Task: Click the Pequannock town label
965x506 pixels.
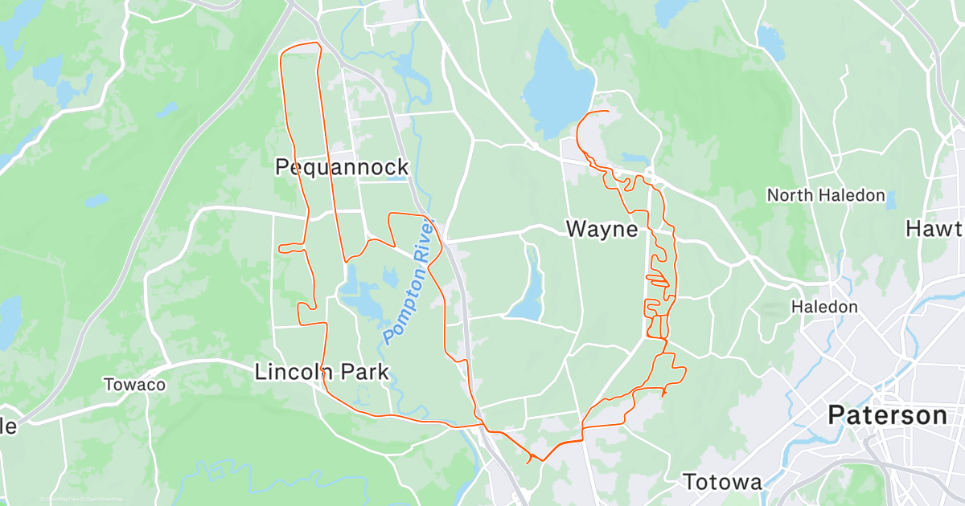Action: pos(342,167)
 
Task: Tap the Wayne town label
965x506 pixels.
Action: pos(602,229)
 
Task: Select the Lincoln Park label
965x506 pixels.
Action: pos(322,372)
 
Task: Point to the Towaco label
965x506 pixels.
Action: pos(134,385)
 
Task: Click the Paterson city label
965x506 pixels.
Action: pos(888,415)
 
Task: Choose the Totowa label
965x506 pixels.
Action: pos(722,482)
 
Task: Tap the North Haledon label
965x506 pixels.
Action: pos(825,195)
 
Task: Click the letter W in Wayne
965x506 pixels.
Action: pos(576,229)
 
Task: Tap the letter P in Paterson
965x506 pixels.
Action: pos(836,415)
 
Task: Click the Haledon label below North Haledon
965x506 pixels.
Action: pos(823,307)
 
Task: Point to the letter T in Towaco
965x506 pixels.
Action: pos(109,385)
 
